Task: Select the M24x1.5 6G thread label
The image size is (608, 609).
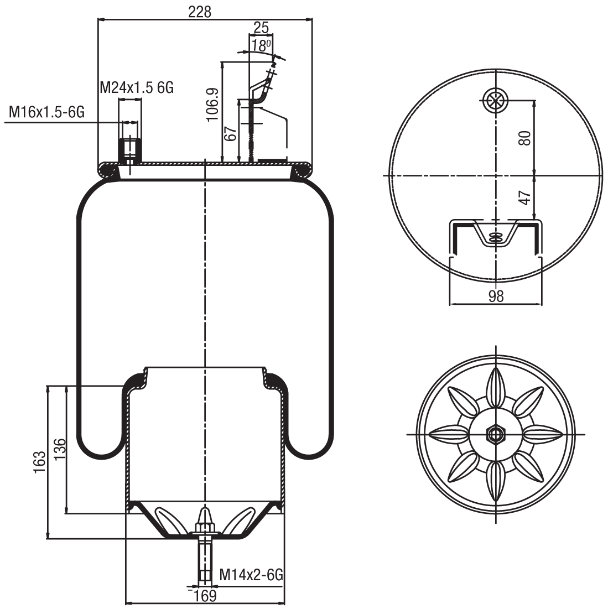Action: click(x=137, y=87)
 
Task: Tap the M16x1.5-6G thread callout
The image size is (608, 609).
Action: click(x=46, y=113)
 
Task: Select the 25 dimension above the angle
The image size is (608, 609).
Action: click(x=261, y=27)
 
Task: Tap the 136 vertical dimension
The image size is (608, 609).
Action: click(x=60, y=449)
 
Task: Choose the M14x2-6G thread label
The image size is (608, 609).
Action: click(x=251, y=575)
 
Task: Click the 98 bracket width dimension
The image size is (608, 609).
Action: click(x=496, y=296)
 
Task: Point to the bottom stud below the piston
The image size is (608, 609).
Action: click(x=205, y=559)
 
